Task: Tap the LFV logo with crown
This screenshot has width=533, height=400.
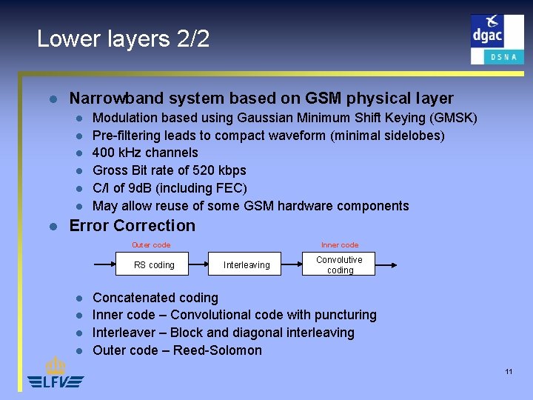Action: (56, 373)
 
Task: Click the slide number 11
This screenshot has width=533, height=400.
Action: (509, 371)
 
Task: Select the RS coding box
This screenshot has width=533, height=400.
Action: (154, 264)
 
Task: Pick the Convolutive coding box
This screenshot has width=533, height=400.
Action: (339, 264)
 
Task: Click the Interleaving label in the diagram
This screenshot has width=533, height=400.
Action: (247, 265)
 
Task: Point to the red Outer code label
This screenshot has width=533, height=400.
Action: (151, 245)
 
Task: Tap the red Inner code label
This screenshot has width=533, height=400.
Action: (340, 245)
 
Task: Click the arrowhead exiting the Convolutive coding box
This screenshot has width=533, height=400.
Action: (394, 264)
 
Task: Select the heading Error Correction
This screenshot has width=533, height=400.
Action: (133, 226)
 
